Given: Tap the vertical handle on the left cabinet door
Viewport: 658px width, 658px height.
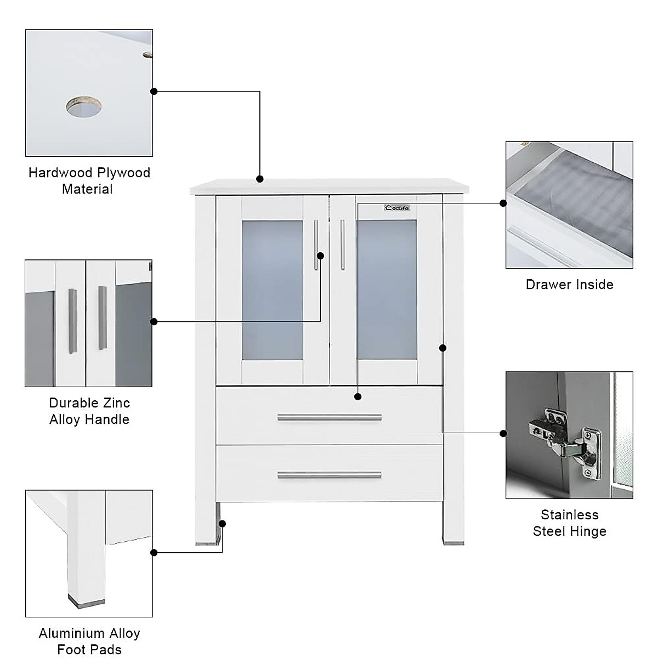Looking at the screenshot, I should (x=316, y=245).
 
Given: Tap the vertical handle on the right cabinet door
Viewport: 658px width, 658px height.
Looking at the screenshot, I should (x=343, y=245).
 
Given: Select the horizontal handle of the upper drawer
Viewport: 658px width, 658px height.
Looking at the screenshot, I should (x=329, y=418).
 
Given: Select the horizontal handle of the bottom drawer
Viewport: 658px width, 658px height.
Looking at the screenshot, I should (x=329, y=475).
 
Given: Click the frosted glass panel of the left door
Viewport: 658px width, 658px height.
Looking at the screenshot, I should (x=273, y=290).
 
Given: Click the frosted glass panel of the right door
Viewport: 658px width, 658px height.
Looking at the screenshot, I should (x=387, y=290).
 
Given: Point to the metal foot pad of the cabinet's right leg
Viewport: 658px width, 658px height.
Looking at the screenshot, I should (x=453, y=542).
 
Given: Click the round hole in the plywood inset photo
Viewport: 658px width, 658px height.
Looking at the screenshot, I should (x=84, y=106).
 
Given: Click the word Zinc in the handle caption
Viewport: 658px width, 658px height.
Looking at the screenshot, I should (x=117, y=403).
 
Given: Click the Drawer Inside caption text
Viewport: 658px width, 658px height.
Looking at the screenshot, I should (x=569, y=285).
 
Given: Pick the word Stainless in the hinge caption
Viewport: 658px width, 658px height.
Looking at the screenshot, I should (x=569, y=515).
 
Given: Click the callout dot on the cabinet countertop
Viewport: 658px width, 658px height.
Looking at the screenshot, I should (x=260, y=179).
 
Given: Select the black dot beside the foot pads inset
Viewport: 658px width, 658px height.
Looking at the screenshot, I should (x=154, y=553).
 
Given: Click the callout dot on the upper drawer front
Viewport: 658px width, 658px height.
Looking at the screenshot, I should (x=358, y=396).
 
